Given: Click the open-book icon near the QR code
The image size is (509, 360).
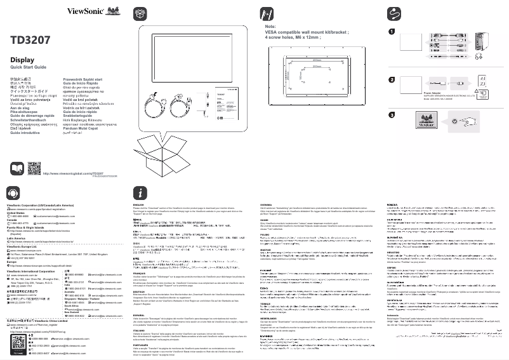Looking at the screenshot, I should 17,169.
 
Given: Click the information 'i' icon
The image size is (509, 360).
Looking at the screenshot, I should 140,193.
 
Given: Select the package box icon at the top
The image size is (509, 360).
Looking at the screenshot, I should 140,13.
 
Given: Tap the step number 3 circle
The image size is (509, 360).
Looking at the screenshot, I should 392,115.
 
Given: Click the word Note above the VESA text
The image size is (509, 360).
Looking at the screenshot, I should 270,27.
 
